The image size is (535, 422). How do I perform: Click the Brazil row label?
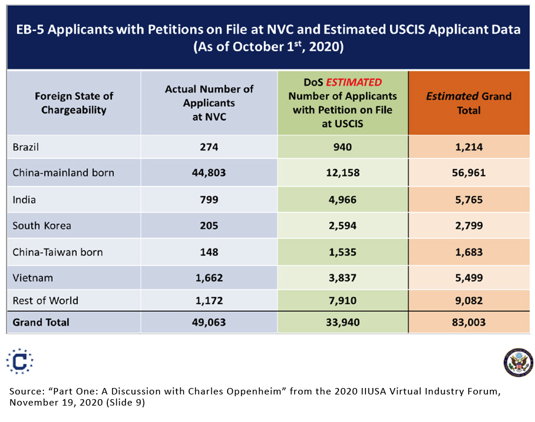[26, 147]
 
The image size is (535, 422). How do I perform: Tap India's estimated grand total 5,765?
[468, 200]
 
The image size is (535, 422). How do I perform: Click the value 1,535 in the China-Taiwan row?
[343, 252]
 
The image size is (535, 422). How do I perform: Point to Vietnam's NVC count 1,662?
[209, 278]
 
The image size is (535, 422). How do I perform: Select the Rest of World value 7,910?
[343, 301]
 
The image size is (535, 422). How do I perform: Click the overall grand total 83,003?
[468, 322]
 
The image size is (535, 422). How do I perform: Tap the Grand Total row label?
[41, 322]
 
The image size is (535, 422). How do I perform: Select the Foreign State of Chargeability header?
[73, 103]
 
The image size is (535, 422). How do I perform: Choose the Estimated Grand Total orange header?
[468, 103]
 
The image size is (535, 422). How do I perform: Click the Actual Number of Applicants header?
[209, 103]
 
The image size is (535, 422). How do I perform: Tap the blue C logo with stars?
[19, 361]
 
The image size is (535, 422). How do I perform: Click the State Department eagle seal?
[518, 362]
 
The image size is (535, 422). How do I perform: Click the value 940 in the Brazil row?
[343, 147]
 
